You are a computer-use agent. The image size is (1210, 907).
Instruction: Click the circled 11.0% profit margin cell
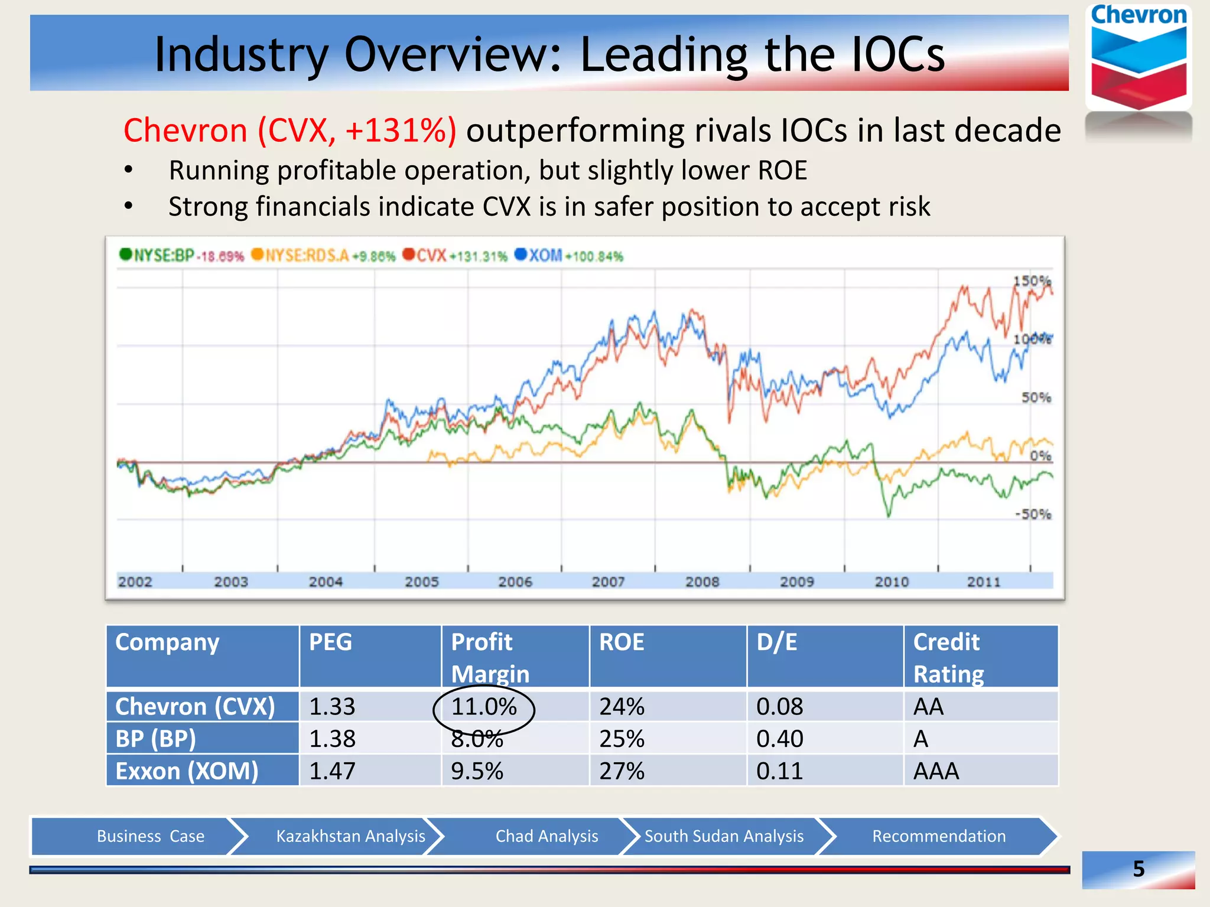(x=484, y=707)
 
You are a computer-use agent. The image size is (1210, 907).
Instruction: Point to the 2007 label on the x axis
(x=608, y=582)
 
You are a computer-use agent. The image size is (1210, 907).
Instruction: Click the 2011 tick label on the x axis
(x=984, y=582)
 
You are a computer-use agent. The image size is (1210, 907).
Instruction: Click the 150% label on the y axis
(x=1032, y=281)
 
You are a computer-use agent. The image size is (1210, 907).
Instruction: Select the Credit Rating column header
(x=948, y=657)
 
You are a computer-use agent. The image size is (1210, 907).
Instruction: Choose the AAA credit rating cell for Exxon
(x=936, y=771)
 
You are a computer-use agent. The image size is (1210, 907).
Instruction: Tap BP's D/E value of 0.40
(x=779, y=739)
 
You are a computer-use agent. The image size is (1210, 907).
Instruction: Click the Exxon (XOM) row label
(x=187, y=771)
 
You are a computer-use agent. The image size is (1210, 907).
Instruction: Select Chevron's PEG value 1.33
(x=332, y=707)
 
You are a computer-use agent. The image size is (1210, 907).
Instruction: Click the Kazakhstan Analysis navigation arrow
(x=350, y=836)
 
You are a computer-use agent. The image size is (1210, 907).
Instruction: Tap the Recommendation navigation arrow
(x=938, y=836)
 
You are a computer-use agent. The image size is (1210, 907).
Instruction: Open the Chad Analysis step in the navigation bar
(x=547, y=836)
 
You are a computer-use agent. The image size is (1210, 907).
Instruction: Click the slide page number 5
(x=1139, y=869)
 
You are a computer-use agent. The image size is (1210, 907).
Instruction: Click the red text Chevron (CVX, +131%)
(x=290, y=130)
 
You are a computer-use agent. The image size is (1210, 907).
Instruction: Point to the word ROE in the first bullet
(x=782, y=171)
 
